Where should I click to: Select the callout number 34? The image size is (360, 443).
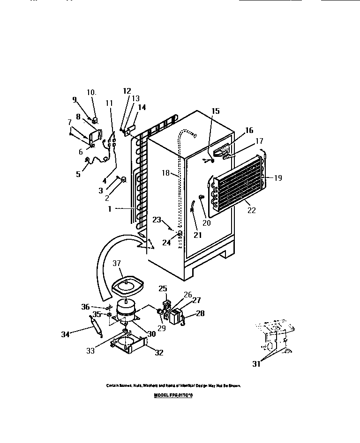point(66,334)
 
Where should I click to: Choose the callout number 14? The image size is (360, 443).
point(142,107)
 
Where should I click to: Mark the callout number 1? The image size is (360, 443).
point(109,209)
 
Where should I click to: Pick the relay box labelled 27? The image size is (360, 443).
point(175,316)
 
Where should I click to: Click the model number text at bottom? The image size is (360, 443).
point(173,396)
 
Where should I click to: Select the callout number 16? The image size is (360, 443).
point(248,131)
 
